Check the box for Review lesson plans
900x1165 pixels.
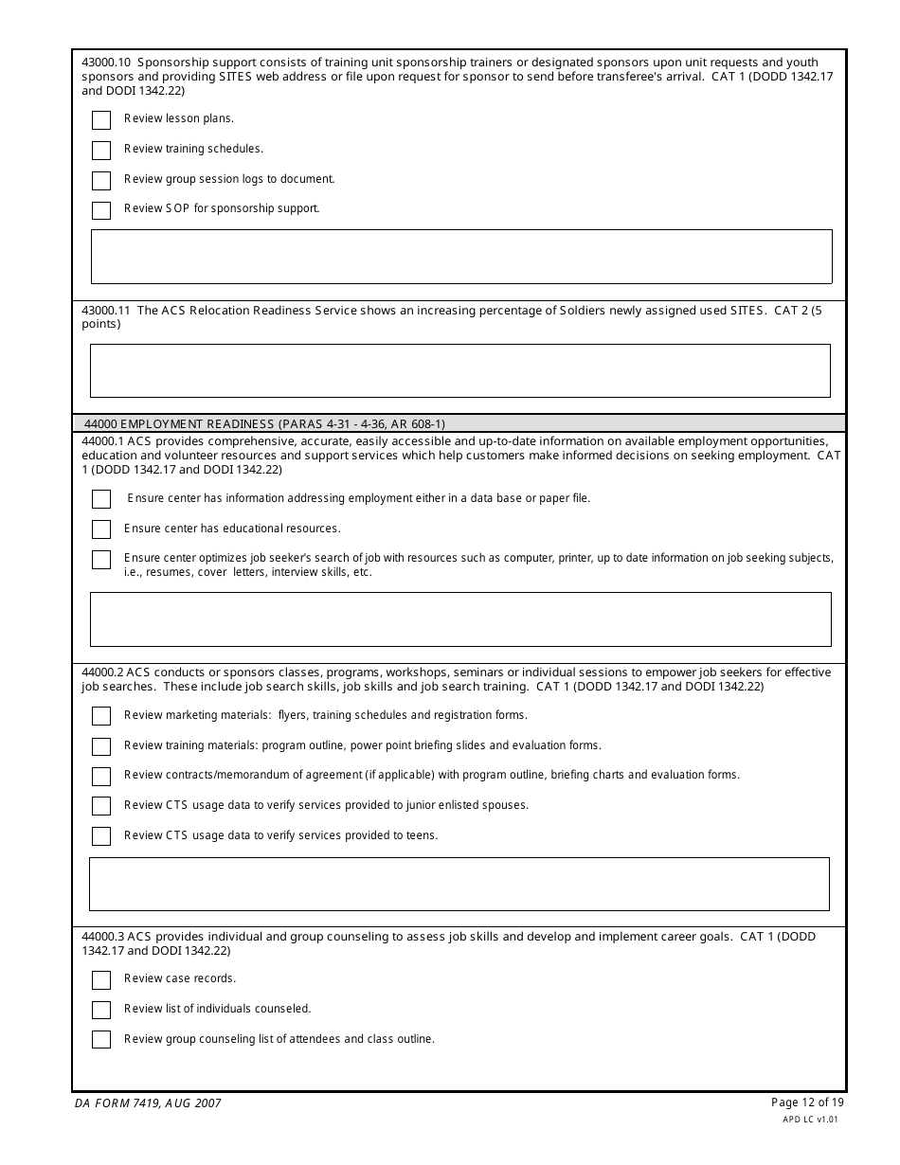[101, 120]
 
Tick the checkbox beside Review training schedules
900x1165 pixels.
[101, 151]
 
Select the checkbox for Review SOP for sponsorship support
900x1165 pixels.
[101, 210]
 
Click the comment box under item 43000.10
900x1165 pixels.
[461, 257]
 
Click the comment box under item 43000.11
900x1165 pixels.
[460, 370]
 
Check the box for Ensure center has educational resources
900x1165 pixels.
[101, 529]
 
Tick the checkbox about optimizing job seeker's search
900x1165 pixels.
[101, 560]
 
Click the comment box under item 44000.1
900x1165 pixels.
[460, 619]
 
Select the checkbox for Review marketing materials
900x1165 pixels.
[101, 716]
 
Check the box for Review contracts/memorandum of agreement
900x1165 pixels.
[101, 777]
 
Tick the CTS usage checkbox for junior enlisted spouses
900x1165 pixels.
[101, 806]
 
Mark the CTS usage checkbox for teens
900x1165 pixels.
[101, 836]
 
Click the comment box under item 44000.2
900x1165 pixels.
[459, 884]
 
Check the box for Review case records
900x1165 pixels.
[101, 980]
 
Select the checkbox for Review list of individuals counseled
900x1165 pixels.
[101, 1011]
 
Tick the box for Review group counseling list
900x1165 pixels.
[101, 1040]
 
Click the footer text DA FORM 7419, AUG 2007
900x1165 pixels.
[148, 1103]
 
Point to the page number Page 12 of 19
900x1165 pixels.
[807, 1102]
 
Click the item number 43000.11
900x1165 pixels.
[105, 311]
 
